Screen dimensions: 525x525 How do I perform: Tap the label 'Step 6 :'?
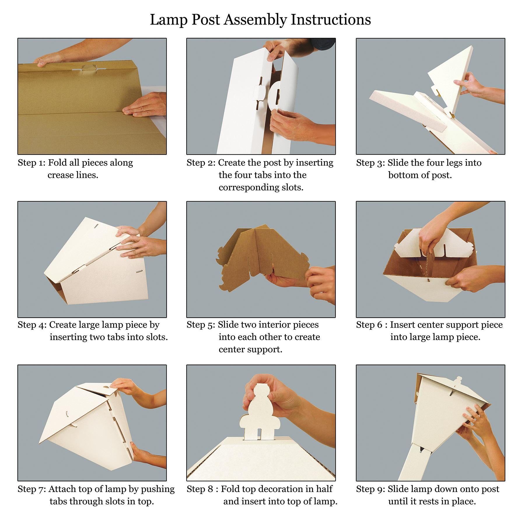point(372,325)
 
